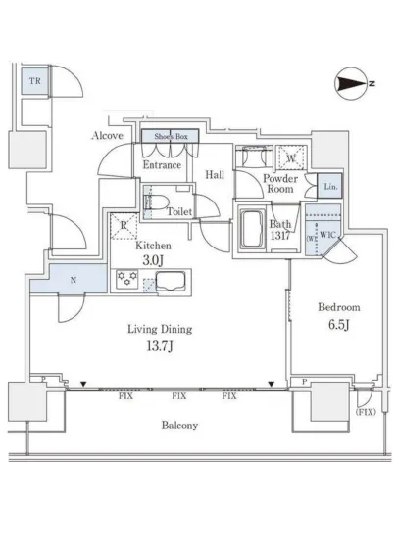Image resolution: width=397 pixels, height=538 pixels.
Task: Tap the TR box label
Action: (34, 81)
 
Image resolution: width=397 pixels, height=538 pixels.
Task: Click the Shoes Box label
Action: (171, 137)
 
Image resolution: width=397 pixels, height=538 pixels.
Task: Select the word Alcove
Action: (107, 136)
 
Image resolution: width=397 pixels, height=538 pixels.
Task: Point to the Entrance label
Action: (162, 165)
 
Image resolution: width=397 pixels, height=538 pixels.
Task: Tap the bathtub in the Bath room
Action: (252, 229)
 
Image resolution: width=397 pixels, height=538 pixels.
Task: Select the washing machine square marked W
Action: (291, 158)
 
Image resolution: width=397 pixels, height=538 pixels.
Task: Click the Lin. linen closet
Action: (329, 186)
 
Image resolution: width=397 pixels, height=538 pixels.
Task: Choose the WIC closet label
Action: (327, 235)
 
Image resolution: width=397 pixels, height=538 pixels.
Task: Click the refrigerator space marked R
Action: (124, 226)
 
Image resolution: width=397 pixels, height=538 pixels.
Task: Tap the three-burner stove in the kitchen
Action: (126, 279)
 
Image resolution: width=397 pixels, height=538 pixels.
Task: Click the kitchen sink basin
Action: (171, 281)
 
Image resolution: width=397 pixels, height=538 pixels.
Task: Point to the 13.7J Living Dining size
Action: (160, 346)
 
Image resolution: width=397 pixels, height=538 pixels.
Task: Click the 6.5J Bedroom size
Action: (338, 324)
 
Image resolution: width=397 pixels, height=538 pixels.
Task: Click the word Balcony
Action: (179, 426)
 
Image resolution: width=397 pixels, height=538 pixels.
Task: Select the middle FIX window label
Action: (179, 396)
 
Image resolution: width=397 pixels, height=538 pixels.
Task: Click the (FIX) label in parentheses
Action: (366, 412)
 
